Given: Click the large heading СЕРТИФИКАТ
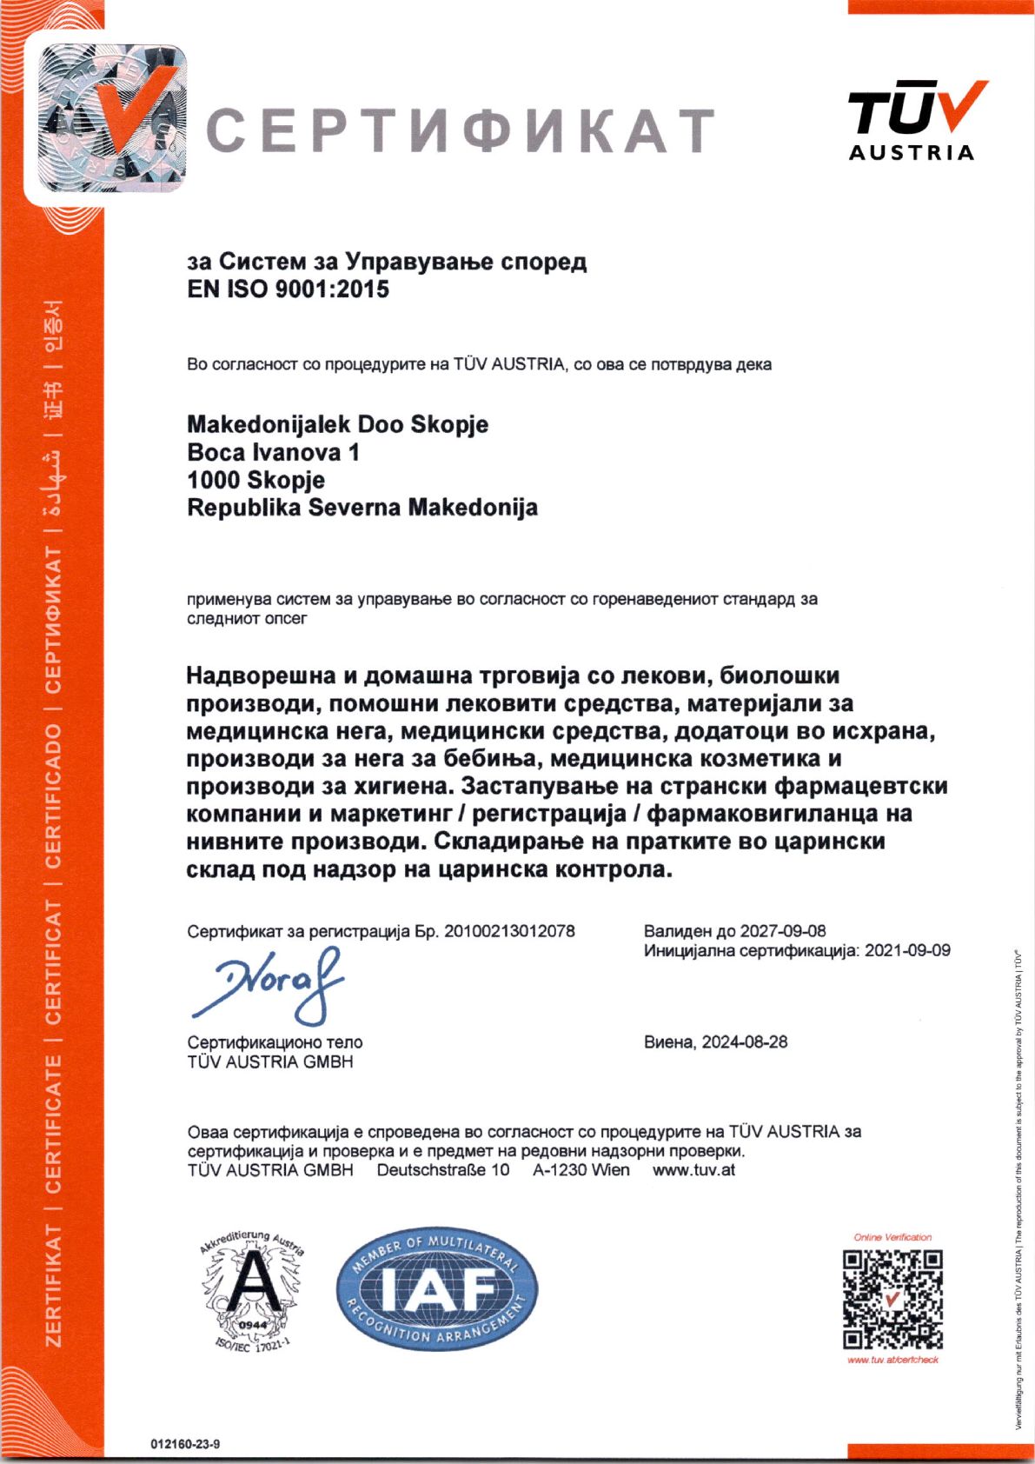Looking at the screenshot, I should click(461, 131).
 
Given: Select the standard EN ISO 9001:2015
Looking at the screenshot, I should click(288, 289).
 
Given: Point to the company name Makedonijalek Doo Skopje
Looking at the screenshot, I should click(337, 425).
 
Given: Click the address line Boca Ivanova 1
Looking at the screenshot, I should click(273, 452).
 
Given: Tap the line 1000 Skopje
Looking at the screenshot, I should click(255, 480).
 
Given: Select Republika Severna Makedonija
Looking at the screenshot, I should click(362, 508).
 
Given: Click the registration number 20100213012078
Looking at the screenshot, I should click(509, 931).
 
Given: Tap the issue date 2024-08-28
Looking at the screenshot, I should click(745, 1041).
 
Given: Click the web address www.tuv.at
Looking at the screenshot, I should click(693, 1170).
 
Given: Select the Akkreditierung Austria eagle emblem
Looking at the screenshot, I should click(252, 1287).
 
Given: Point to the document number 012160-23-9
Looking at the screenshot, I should click(185, 1444).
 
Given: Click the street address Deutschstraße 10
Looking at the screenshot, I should click(443, 1170).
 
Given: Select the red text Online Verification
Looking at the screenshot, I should click(892, 1237).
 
